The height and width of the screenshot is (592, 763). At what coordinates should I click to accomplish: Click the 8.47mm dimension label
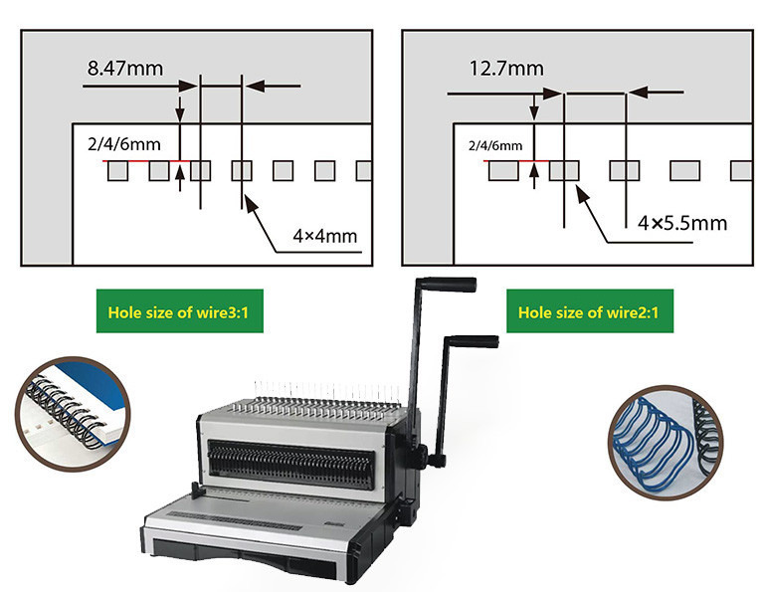[125, 69]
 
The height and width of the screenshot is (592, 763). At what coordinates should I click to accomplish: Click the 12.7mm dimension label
[506, 69]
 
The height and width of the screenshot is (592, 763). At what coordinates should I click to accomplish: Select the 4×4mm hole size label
[325, 236]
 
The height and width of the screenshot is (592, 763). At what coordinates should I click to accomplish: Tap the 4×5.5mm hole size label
[682, 223]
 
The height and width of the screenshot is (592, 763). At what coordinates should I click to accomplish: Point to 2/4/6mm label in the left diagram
[124, 144]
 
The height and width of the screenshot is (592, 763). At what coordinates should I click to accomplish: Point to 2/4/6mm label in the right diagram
[495, 145]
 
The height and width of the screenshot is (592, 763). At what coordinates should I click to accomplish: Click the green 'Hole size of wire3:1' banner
[179, 311]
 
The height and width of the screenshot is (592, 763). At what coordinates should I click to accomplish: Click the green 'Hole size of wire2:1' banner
[590, 311]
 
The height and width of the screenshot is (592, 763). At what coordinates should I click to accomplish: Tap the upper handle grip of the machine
[449, 285]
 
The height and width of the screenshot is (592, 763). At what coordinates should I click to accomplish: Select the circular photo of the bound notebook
[73, 414]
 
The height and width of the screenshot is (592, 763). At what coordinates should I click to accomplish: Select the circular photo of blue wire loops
[666, 443]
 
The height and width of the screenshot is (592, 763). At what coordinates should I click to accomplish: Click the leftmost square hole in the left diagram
[117, 171]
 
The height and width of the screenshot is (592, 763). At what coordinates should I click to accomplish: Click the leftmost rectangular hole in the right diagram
[503, 171]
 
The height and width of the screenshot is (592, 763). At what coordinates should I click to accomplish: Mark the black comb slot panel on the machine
[291, 464]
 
